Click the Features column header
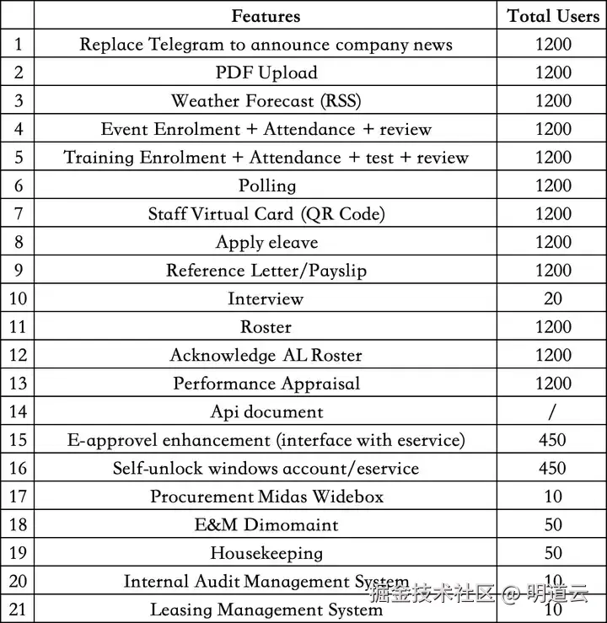(266, 16)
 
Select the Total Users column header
(553, 16)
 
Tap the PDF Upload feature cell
(266, 73)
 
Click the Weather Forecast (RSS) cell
(266, 101)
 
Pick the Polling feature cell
(266, 185)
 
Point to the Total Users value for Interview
(553, 298)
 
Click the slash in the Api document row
(553, 411)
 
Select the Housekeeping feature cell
(266, 553)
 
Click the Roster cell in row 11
(266, 327)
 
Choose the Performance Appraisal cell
(266, 384)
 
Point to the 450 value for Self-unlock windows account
(553, 468)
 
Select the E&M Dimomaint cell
(266, 524)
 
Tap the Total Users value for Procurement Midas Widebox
(553, 497)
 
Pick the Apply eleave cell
(266, 242)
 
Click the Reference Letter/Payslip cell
(266, 271)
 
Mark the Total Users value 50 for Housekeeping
(553, 553)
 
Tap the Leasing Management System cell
(266, 610)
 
